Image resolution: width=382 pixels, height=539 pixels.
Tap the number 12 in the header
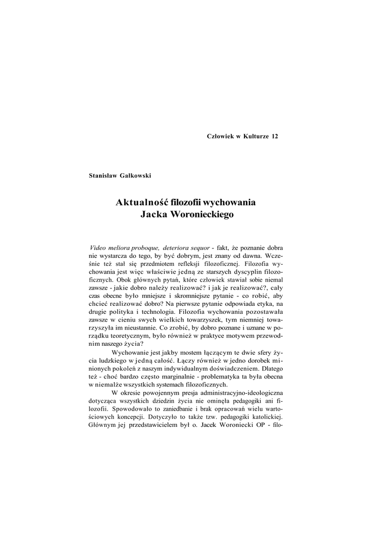click(274, 137)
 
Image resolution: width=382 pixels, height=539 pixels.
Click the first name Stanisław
click(102, 176)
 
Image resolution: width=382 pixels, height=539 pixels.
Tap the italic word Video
click(100, 247)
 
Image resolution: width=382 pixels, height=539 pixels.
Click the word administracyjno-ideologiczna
click(246, 393)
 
